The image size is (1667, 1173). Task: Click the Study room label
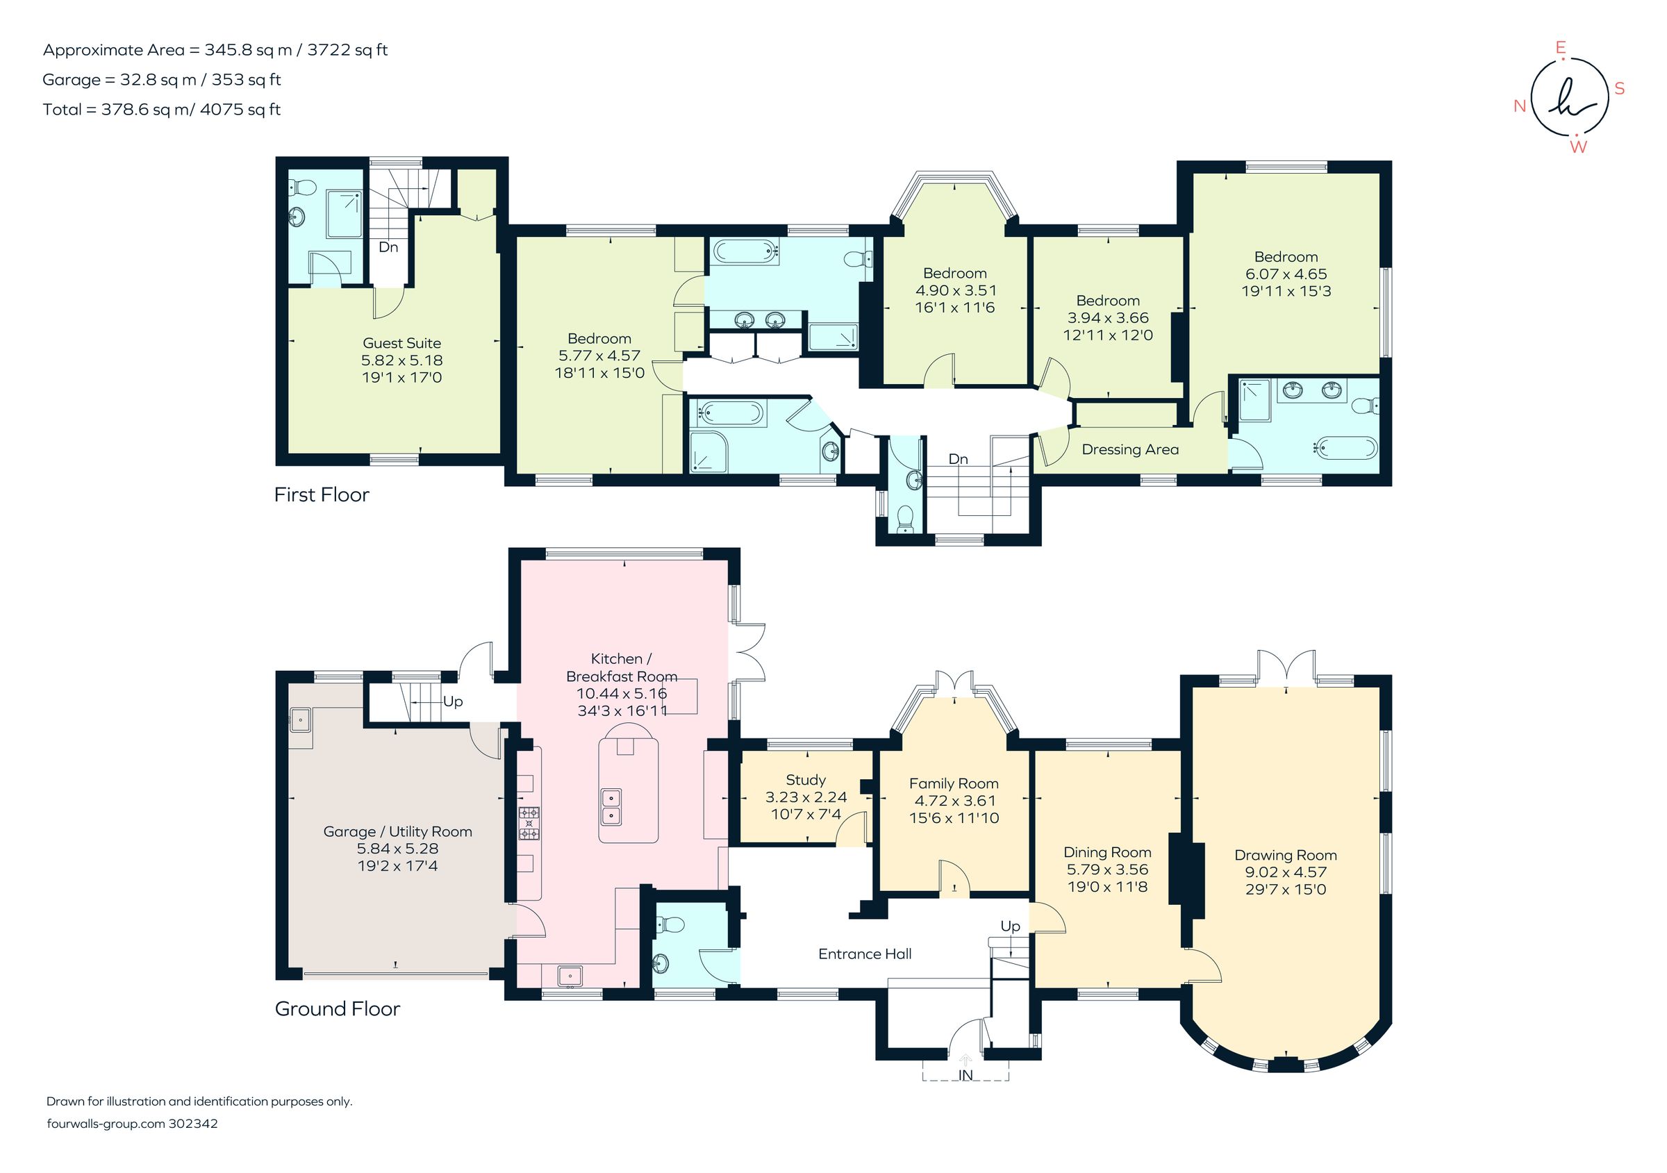click(805, 780)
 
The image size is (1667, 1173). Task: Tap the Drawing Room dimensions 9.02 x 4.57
click(1285, 872)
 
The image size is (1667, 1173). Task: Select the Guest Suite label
click(401, 342)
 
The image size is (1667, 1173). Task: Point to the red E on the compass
click(1560, 48)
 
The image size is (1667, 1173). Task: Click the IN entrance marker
click(965, 1075)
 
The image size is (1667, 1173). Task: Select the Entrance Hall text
click(864, 954)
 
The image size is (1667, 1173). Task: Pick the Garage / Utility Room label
click(397, 831)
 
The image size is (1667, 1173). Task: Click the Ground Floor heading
click(337, 1008)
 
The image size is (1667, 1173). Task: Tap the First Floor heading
click(322, 494)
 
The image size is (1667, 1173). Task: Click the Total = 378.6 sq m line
click(161, 110)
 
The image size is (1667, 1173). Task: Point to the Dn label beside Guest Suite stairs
click(388, 247)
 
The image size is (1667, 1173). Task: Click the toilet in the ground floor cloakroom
click(669, 925)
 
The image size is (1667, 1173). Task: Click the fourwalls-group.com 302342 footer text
click(132, 1124)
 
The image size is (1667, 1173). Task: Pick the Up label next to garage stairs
click(452, 701)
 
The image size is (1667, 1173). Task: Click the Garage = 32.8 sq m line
click(161, 80)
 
